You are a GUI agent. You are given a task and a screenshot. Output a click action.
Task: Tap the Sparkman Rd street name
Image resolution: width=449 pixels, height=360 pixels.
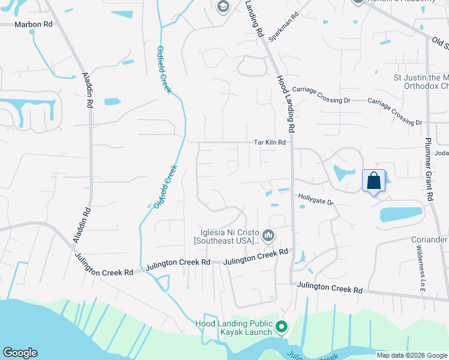pyautogui.click(x=284, y=28)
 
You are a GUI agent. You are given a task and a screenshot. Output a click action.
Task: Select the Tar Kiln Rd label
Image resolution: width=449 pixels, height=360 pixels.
pyautogui.click(x=270, y=143)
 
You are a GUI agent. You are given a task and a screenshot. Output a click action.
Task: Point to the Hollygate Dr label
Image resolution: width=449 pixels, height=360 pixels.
pyautogui.click(x=316, y=199)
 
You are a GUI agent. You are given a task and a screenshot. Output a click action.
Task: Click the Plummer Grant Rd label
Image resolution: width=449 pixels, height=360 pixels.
pyautogui.click(x=430, y=172)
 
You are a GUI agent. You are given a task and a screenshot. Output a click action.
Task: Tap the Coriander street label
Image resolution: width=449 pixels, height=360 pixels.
pyautogui.click(x=430, y=239)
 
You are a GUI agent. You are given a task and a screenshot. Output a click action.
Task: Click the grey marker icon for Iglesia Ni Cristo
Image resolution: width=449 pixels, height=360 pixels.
pyautogui.click(x=268, y=235)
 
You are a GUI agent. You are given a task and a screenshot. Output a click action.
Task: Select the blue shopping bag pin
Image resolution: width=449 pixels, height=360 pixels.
pyautogui.click(x=373, y=181)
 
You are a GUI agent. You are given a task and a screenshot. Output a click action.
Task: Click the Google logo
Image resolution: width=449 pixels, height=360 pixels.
pyautogui.click(x=20, y=353)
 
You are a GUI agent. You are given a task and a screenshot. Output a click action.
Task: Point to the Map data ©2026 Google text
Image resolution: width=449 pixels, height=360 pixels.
pyautogui.click(x=412, y=355)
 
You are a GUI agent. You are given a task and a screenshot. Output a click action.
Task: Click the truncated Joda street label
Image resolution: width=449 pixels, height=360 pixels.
pyautogui.click(x=441, y=153)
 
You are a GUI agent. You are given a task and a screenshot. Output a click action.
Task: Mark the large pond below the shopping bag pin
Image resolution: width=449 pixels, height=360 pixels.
pyautogui.click(x=400, y=214)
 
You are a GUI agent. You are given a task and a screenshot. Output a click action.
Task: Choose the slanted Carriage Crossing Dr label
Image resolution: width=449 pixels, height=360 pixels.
pyautogui.click(x=395, y=112)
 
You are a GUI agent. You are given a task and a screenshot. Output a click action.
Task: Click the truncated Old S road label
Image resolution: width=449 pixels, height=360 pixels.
pyautogui.click(x=440, y=44)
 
